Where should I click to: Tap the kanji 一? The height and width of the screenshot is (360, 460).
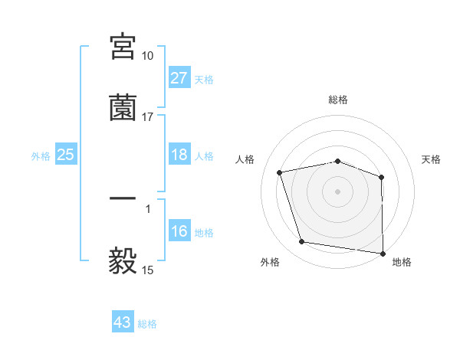(123, 199)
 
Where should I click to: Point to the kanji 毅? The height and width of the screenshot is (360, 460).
(123, 260)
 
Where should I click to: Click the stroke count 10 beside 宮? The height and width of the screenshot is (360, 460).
(148, 56)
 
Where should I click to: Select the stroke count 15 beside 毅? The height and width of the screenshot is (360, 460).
(148, 270)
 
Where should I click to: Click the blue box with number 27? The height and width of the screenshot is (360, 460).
(179, 78)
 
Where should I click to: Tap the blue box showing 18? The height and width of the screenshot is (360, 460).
(179, 155)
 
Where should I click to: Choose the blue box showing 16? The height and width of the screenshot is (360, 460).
(179, 231)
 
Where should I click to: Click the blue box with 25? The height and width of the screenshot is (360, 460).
(66, 155)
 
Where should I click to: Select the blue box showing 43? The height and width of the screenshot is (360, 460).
(123, 322)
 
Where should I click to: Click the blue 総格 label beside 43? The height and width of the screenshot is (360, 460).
(148, 324)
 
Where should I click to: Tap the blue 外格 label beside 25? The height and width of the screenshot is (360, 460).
(41, 156)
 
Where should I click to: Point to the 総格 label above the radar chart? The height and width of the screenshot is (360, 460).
(338, 100)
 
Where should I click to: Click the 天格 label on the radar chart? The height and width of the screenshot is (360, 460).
(432, 159)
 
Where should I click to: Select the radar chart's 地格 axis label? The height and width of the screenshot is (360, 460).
(402, 262)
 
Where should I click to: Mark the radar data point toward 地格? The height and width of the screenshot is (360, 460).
(383, 253)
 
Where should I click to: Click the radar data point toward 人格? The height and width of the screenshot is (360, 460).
(281, 172)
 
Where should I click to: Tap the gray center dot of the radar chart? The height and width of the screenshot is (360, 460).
(338, 191)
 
